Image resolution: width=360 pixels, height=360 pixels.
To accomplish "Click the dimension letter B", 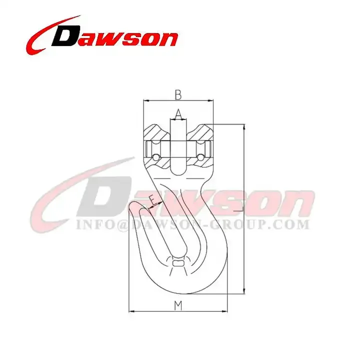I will [177, 93].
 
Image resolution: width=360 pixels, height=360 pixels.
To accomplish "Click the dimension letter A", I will [178, 114].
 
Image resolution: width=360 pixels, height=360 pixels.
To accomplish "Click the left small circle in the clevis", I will [156, 158].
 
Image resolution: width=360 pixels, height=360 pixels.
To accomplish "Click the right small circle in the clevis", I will [200, 158].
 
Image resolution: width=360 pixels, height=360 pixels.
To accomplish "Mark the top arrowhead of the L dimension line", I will [243, 127].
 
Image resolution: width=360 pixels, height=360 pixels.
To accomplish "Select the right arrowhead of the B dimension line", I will [214, 100].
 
